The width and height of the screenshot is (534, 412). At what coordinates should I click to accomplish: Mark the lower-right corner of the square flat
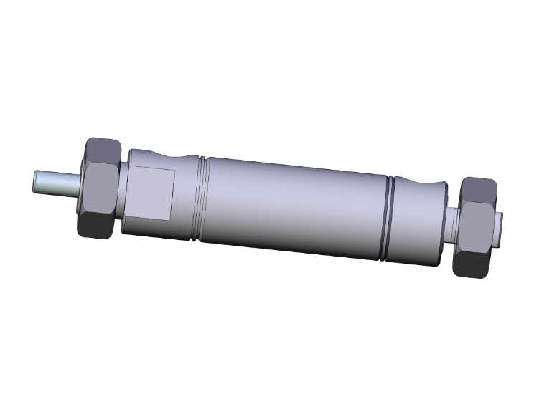171,218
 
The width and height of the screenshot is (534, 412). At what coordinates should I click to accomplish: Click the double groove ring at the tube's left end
200,201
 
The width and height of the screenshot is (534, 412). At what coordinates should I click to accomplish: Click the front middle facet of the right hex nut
475,228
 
